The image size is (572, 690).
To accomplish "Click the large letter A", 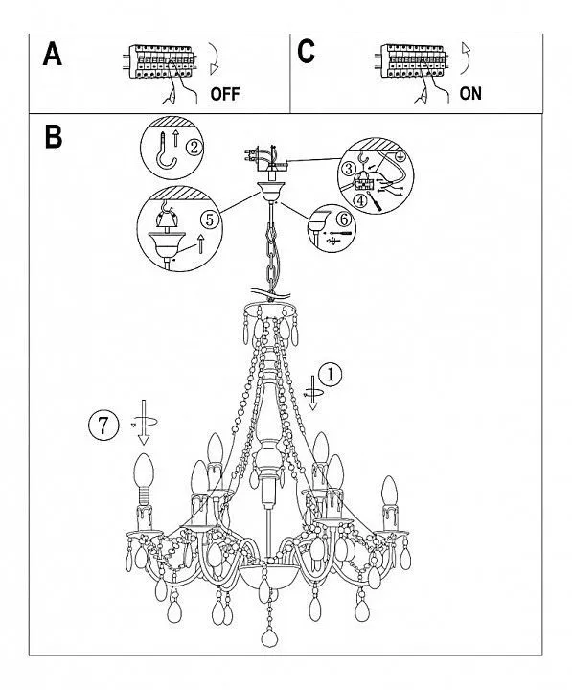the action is coord(52,54).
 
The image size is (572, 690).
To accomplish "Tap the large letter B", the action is coord(54,136).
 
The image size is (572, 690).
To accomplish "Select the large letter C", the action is coord(306,52).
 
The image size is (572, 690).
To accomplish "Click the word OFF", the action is coord(225,94).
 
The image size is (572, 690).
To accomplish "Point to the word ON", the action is coord(470,93).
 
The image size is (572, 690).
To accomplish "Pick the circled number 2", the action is coord(194,147).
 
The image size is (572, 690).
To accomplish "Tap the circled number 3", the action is coord(349,168).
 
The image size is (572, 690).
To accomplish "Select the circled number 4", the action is coord(360,201).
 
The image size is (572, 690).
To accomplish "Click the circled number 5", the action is coord(210,218).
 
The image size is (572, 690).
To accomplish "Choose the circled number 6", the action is coord(344,218).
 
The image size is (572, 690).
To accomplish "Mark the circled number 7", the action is coord(103,425).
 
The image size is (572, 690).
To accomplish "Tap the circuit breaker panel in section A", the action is coord(162,62).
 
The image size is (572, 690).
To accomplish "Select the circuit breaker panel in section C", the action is coord(411,61).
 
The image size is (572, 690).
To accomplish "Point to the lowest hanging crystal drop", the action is coord(269,637).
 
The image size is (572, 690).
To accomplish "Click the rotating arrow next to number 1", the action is coord(313,393).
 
